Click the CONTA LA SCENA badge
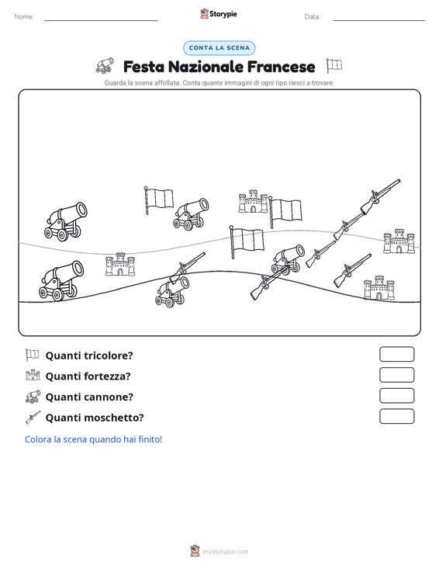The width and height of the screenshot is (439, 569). pos(219,48)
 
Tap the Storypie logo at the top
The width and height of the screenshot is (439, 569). pos(219,14)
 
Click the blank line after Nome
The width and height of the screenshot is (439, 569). pos(101,20)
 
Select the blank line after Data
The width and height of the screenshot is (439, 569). pos(379,20)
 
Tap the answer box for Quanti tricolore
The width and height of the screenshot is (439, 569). pos(396,354)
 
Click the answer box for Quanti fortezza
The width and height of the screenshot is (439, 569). pos(396,375)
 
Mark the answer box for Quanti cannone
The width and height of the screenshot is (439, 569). pos(396,396)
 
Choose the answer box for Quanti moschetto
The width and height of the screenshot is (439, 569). pos(396,416)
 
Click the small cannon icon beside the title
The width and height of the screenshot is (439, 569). pos(105,66)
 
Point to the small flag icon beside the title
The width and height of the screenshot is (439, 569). pos(334,65)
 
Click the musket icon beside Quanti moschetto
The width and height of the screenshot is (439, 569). pos(33,418)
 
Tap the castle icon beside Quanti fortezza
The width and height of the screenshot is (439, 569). pos(33,375)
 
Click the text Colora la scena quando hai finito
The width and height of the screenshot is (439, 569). pos(93,439)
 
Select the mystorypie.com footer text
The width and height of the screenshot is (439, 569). pos(225,552)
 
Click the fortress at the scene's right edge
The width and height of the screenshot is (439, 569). pos(399,241)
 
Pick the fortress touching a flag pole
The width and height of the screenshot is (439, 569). pos(253,201)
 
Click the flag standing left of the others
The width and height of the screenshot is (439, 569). pos(158,200)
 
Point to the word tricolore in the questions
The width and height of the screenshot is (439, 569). pos(111,356)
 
